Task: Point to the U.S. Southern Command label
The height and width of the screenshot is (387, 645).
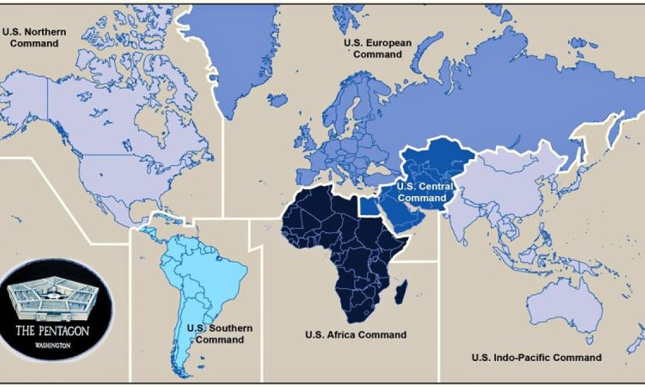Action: [x=219, y=333]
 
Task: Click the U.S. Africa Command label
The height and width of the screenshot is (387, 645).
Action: [x=355, y=335]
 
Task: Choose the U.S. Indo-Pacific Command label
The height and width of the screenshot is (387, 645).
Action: [x=537, y=357]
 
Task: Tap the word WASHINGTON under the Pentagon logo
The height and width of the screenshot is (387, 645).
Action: [x=54, y=346]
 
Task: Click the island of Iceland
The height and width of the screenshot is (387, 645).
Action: [x=277, y=100]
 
